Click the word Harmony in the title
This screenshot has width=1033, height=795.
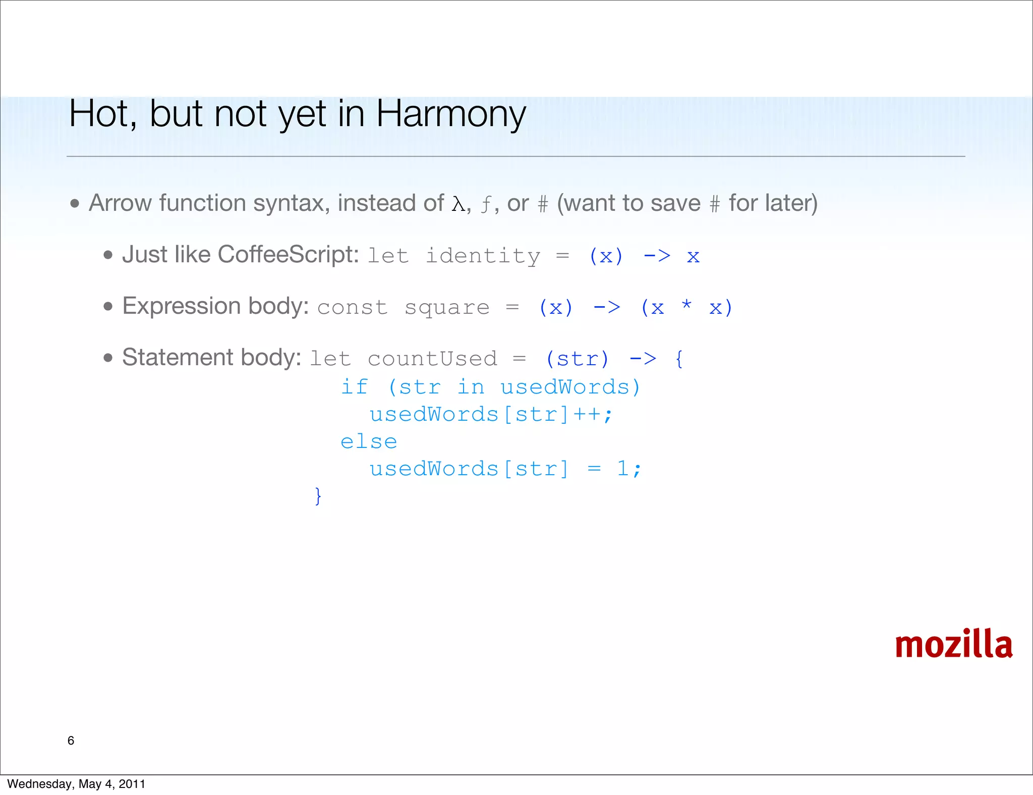point(450,114)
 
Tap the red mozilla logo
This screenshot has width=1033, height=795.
point(953,644)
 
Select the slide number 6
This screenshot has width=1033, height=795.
point(71,740)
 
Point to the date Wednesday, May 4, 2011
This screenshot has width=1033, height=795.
point(76,783)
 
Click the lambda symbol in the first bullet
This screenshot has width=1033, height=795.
point(458,204)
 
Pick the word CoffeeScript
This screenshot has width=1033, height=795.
point(288,254)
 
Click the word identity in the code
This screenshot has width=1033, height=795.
point(483,256)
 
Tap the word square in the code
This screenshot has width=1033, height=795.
point(447,308)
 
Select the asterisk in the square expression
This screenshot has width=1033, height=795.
point(686,305)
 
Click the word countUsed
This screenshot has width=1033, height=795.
point(432,359)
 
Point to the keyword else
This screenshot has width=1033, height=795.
point(369,442)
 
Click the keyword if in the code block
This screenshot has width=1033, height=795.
point(354,387)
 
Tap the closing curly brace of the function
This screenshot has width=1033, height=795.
point(318,496)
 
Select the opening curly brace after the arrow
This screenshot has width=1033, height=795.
point(679,359)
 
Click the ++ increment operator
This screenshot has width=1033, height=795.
point(587,415)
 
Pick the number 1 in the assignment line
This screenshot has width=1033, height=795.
point(622,469)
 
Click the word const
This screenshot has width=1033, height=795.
point(352,308)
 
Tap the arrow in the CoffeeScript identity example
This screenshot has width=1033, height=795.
point(657,256)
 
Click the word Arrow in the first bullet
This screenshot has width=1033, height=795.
point(120,203)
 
